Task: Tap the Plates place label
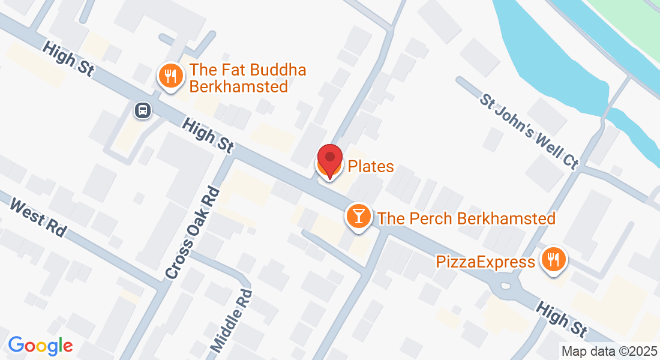click(371, 166)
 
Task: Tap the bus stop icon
click(143, 110)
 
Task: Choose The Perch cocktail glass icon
click(359, 217)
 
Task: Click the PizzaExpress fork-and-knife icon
click(551, 260)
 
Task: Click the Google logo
click(40, 346)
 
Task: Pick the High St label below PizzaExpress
click(561, 318)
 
